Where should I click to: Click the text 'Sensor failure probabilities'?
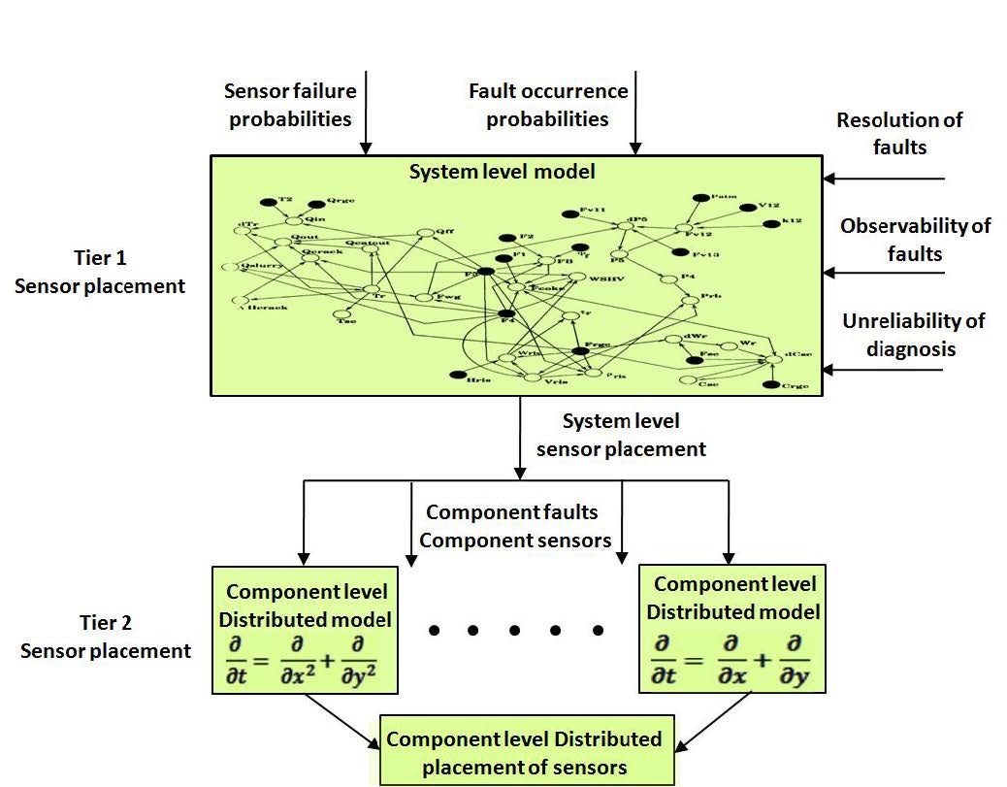pos(290,105)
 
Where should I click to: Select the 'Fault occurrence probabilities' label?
pos(548,105)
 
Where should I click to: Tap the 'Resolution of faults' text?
pos(899,134)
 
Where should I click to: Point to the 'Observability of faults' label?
pos(915,240)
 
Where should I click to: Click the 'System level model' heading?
pos(502,172)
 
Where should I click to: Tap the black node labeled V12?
pos(748,208)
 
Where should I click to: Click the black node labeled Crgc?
pos(772,386)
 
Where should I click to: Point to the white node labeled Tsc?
pos(342,313)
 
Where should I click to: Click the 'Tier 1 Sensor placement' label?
pos(99,273)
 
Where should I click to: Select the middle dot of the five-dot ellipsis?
pos(515,631)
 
